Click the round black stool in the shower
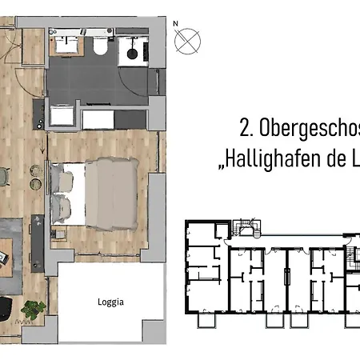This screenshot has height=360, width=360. (x=131, y=54)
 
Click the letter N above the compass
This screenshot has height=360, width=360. (x=175, y=24)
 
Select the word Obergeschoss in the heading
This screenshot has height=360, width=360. (x=309, y=127)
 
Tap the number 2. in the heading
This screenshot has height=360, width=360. (x=246, y=127)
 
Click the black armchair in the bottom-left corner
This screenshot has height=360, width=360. (x=4, y=307)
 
